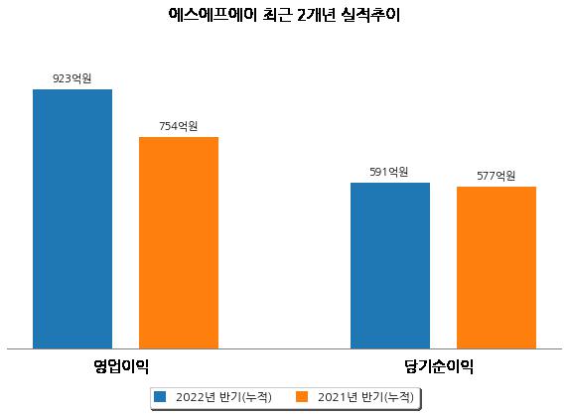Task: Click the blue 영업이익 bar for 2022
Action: (x=72, y=219)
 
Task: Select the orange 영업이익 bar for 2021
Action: (x=179, y=243)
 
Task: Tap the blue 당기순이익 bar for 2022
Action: (x=390, y=266)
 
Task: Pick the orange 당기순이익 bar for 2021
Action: (x=497, y=268)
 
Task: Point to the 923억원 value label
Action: (x=72, y=78)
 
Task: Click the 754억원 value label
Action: (x=179, y=126)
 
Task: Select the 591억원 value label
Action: (x=389, y=172)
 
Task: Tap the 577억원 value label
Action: (x=496, y=176)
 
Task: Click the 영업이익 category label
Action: (x=121, y=366)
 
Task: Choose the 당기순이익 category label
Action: (x=439, y=366)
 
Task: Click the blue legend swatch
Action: (x=160, y=396)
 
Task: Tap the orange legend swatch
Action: (x=302, y=396)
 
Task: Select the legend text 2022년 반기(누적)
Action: (x=223, y=397)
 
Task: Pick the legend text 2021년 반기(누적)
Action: (x=365, y=397)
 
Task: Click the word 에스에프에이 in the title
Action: (x=213, y=15)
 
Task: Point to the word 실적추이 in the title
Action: (x=370, y=15)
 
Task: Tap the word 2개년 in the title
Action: (x=316, y=15)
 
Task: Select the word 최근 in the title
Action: (x=277, y=15)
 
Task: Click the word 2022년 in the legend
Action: (x=196, y=397)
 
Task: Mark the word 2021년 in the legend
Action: (x=338, y=397)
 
